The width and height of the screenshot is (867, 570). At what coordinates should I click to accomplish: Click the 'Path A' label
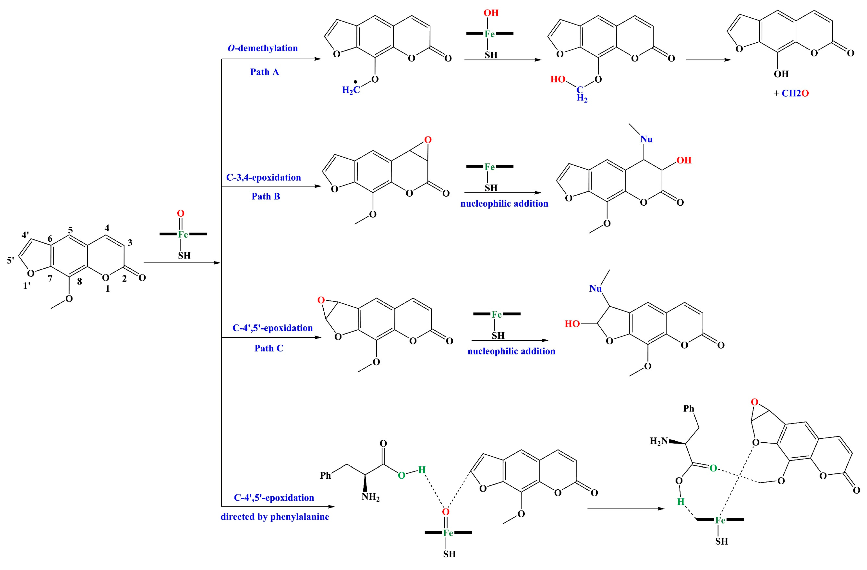pos(265,72)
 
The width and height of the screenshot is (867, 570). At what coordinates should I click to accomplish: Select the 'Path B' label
pos(266,196)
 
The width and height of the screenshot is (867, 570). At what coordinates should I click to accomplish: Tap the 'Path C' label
pos(269,348)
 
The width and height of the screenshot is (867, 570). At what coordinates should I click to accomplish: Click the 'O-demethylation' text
pos(262,48)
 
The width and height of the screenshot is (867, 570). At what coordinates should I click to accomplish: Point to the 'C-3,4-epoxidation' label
pos(263,177)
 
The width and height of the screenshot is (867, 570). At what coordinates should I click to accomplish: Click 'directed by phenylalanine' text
pos(275,517)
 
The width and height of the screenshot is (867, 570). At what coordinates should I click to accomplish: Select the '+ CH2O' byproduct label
pos(791,93)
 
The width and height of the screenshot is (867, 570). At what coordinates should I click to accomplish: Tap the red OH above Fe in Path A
pos(491,13)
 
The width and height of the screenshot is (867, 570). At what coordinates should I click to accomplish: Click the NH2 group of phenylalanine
pos(370,497)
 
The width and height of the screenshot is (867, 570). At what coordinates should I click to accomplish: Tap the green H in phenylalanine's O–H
pos(422,470)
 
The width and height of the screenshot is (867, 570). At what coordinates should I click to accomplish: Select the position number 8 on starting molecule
pos(79,281)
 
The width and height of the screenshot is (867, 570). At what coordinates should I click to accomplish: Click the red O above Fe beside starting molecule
pos(180,214)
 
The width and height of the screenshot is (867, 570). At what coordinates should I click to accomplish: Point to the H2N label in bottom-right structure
pos(659,441)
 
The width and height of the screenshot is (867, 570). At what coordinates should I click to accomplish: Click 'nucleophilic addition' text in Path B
pos(504,204)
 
